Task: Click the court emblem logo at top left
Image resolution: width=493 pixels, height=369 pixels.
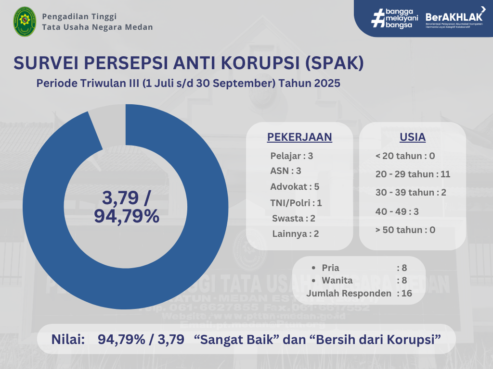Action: coord(24,22)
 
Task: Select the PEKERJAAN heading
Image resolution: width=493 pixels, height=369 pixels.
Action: coord(299,137)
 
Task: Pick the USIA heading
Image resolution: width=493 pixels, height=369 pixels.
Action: coord(413,137)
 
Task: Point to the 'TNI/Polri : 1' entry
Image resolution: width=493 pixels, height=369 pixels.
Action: coord(296,203)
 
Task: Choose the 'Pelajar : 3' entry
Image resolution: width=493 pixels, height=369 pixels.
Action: coord(292,156)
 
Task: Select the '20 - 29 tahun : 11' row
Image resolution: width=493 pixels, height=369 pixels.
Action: coord(413,174)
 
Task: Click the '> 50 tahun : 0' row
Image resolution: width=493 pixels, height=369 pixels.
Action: coord(405,230)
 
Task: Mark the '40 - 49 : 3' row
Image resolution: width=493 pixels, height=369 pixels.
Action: coord(397,211)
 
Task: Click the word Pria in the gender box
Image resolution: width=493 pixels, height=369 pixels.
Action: coord(330,268)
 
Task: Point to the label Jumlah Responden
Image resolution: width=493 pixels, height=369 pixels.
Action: coord(349,293)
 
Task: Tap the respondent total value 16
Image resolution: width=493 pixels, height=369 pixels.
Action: coord(407,293)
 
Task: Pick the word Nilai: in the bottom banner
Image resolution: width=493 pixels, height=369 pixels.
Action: coord(68,340)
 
